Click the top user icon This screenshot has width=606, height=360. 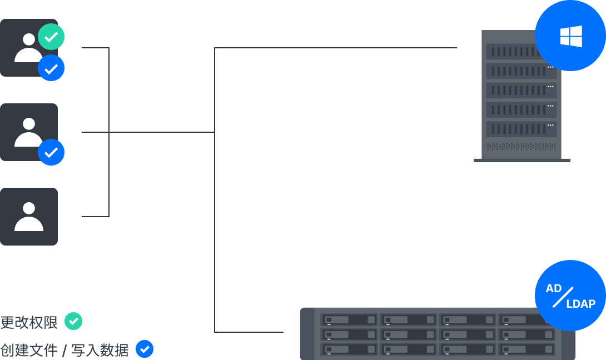(x=28, y=48)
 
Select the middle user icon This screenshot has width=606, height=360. (x=28, y=132)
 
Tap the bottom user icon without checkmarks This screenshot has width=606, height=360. (x=28, y=217)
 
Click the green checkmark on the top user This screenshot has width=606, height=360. (x=51, y=37)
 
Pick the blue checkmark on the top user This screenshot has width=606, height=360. (x=51, y=68)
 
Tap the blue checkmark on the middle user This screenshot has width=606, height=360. (x=51, y=152)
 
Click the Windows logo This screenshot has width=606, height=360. (x=571, y=36)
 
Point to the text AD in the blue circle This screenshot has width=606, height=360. (x=553, y=288)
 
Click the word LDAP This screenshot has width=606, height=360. (x=581, y=304)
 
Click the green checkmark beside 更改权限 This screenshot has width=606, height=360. (x=73, y=321)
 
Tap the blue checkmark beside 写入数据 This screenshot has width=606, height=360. (x=145, y=349)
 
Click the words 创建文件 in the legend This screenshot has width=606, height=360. (x=29, y=351)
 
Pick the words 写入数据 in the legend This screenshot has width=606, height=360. (x=100, y=351)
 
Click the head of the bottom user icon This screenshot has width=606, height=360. (x=29, y=208)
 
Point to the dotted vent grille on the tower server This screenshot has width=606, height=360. (x=521, y=147)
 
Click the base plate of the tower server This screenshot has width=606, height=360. (x=521, y=161)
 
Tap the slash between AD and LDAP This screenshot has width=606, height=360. (x=563, y=297)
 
